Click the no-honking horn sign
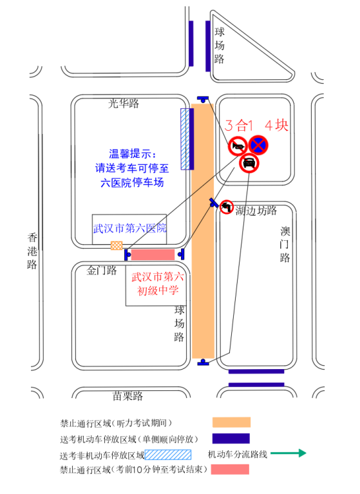[x=238, y=146]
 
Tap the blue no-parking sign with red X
[x=258, y=146]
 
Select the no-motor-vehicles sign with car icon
[x=249, y=163]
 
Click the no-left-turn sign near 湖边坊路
[x=226, y=207]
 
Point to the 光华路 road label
[x=123, y=103]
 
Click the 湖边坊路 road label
[x=256, y=211]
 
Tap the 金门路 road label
[x=101, y=271]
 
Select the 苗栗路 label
[x=128, y=395]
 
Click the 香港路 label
[x=32, y=251]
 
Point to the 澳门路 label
[x=285, y=245]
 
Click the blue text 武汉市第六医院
[x=129, y=228]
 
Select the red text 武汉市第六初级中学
[x=158, y=283]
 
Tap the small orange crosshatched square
[x=117, y=245]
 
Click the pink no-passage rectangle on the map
[x=153, y=254]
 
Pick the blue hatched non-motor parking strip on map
[x=185, y=139]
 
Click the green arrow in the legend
[x=288, y=453]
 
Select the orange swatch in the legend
[x=231, y=422]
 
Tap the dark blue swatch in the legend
[x=231, y=439]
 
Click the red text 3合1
[x=239, y=126]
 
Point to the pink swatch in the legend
[x=230, y=469]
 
